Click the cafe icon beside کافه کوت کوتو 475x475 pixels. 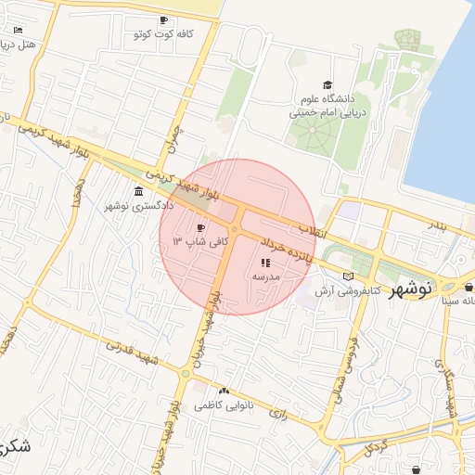(163, 20)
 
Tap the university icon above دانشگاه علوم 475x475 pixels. (326, 85)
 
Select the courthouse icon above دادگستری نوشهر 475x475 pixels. (138, 191)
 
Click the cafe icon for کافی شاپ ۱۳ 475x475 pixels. (200, 227)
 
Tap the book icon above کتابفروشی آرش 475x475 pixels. (349, 276)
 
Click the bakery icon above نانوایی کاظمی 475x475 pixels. (223, 392)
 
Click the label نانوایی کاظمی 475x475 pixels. (217, 406)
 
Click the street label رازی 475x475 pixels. (278, 412)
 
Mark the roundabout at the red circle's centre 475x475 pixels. (237, 228)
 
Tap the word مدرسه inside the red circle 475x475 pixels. (266, 277)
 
